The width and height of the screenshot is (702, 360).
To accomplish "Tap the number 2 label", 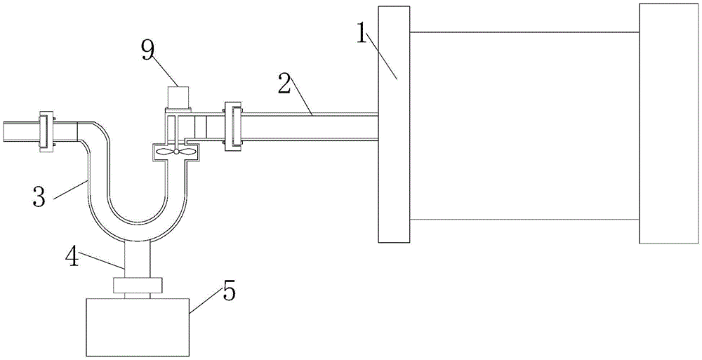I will coord(284,84).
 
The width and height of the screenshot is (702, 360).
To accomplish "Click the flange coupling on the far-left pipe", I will coord(47,131).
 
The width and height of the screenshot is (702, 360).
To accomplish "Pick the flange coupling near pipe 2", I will coord(232,126).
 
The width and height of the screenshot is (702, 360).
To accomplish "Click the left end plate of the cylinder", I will coord(394,124).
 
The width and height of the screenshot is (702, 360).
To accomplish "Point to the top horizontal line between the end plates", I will coord(524,32).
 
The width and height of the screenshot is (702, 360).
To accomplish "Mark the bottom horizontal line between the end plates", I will coord(524,219).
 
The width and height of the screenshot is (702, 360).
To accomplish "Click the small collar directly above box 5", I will coord(138,285).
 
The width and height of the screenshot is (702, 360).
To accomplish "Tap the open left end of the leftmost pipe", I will coord(4,131).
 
